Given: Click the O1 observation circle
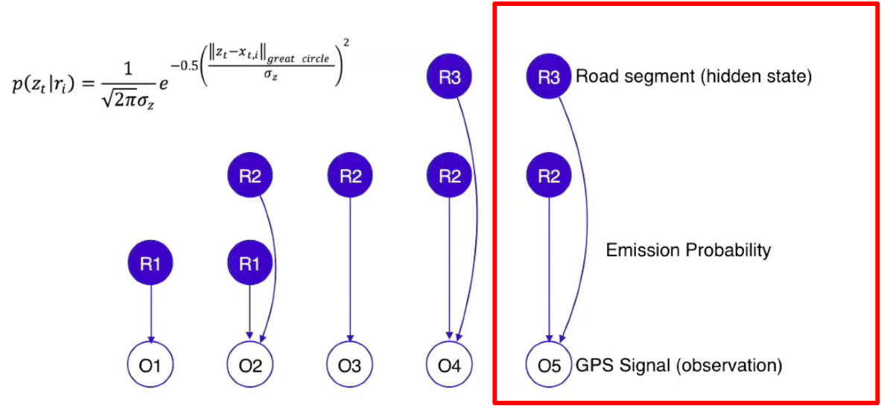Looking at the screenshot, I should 150,365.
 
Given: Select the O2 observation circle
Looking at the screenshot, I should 249,365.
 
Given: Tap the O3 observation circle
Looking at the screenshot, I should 350,365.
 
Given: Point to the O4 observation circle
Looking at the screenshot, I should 449,365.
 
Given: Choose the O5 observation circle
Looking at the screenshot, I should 549,365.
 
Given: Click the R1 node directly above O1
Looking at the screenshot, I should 150,262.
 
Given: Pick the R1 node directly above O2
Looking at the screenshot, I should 249,262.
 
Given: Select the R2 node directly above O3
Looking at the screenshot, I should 350,176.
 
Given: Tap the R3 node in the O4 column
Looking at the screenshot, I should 449,77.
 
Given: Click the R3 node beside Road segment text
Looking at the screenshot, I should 549,77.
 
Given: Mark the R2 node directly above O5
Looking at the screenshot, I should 549,176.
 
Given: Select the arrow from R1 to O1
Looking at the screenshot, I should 150,313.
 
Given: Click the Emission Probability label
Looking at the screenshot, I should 687,250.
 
